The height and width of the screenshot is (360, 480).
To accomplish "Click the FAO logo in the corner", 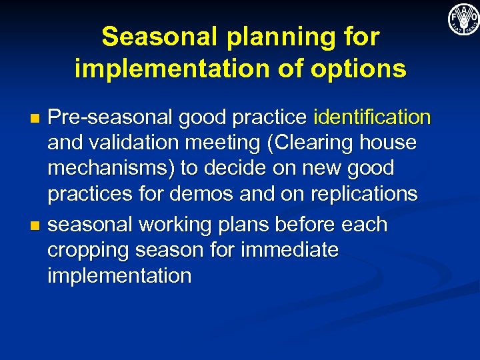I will [463, 19].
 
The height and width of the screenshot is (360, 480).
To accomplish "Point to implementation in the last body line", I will [119, 275].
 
